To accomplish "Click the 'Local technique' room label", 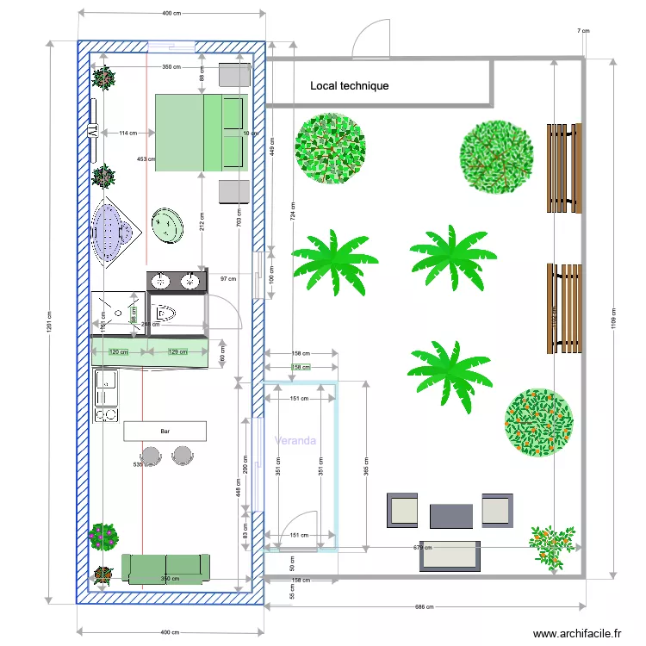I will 349,86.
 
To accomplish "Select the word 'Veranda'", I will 295,440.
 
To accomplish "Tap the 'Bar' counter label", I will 165,430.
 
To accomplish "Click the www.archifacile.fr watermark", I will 576,633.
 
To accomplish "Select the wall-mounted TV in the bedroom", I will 91,132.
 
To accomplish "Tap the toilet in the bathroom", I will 165,312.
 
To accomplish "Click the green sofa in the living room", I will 165,568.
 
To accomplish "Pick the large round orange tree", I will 538,422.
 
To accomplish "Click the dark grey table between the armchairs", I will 451,516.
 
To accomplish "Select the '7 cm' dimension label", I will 583,31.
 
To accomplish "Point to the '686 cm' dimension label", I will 425,607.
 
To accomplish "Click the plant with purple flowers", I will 103,537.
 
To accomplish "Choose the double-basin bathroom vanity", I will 177,281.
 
